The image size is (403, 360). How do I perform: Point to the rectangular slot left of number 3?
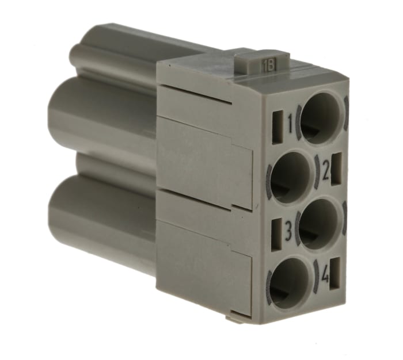click(277, 230)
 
